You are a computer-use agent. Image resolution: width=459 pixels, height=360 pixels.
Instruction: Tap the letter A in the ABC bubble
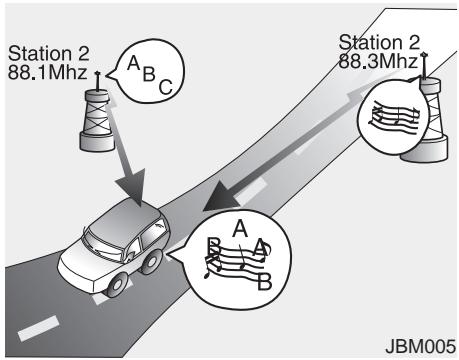131,62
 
